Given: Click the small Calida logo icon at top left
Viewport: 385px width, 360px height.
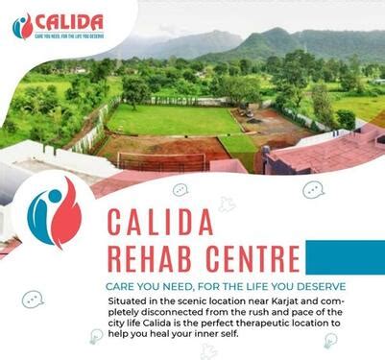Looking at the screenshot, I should [21, 26].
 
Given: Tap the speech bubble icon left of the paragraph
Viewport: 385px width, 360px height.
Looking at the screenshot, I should [32, 299].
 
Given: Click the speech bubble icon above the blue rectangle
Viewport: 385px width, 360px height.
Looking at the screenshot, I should [314, 190].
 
